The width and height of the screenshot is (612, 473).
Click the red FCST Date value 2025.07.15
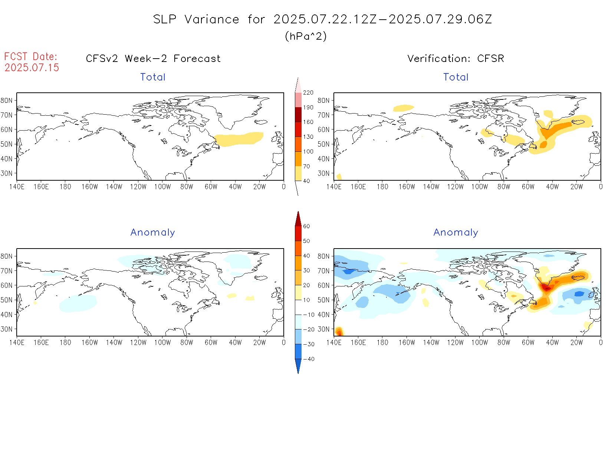pos(32,68)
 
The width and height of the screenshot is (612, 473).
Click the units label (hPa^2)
pos(306,36)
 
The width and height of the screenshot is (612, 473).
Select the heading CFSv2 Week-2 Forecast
pos(153,59)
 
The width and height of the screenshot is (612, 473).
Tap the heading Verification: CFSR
pos(455,59)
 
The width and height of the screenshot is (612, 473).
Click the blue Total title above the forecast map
pos(152,77)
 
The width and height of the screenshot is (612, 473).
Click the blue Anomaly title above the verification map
pos(455,233)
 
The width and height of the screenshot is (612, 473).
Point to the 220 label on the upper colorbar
pos(308,93)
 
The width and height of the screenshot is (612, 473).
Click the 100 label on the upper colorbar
pos(308,152)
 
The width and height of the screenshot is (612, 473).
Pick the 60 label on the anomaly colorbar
pos(306,226)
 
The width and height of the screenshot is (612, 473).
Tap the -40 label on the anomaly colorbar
pos(309,359)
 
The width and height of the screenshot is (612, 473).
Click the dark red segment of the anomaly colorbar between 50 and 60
pos(298,233)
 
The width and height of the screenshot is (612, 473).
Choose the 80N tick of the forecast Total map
pos(7,101)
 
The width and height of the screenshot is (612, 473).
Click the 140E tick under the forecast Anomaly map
pos(17,342)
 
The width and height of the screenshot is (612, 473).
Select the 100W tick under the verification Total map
pos(479,187)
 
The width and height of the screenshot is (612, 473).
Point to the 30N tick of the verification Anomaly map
pos(323,329)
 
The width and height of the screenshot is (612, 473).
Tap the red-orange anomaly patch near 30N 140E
pos(339,331)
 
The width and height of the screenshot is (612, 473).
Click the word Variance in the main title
pos(212,19)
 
